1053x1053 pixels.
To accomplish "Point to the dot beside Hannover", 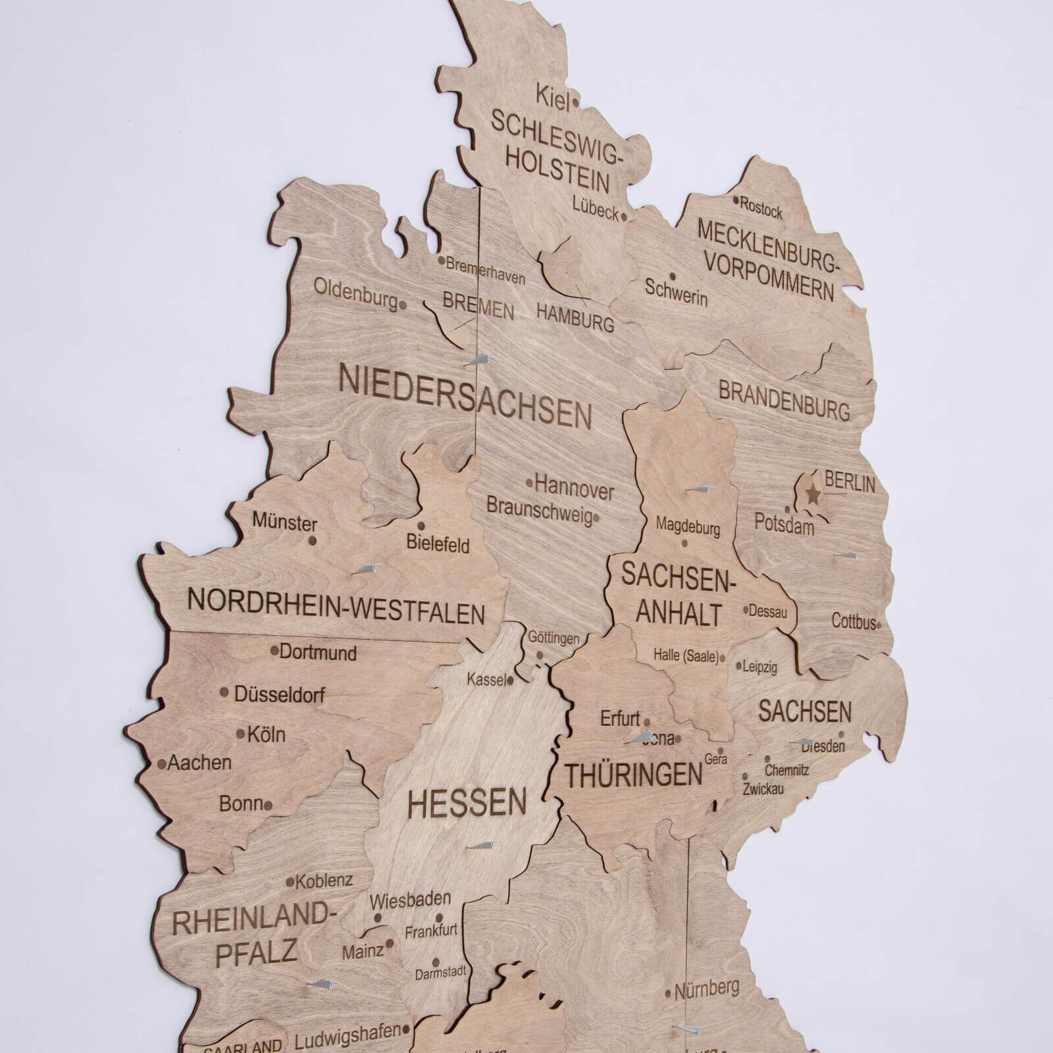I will click(x=530, y=482).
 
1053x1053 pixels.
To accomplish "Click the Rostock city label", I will click(x=761, y=208).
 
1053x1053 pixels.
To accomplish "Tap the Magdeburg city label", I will click(x=688, y=526).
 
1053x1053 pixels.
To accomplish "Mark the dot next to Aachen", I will click(x=161, y=764).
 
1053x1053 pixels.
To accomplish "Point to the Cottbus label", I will click(x=854, y=621).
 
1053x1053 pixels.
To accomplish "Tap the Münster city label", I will click(x=285, y=523).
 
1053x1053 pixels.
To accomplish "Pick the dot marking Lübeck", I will click(x=623, y=215).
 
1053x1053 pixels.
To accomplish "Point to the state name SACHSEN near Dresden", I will click(x=805, y=711).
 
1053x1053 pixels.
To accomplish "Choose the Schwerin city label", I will click(x=676, y=293).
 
